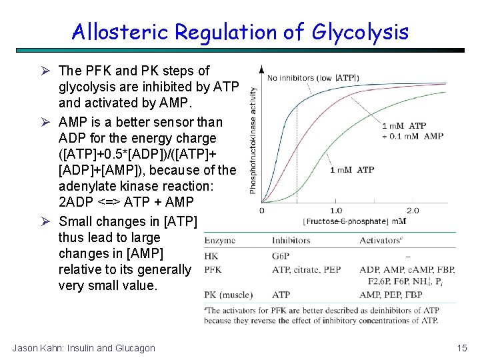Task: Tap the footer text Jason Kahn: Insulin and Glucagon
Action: tap(83, 347)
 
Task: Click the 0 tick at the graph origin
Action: tap(261, 211)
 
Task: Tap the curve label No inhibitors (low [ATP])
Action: tap(313, 78)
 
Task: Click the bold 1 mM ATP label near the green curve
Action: tap(351, 170)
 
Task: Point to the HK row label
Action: tap(211, 255)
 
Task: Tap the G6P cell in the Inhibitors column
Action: tap(282, 255)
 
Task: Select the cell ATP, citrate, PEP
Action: tap(306, 269)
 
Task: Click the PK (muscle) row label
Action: tap(229, 294)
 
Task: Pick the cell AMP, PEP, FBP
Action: tap(391, 294)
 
